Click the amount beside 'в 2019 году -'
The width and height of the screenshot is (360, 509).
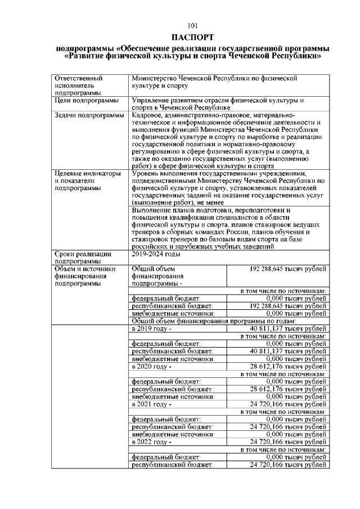tap(288, 328)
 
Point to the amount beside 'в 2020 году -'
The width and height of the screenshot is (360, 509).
tap(288, 366)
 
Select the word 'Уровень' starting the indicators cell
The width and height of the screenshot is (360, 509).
tap(146, 174)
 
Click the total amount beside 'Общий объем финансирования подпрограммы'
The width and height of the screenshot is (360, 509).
tap(287, 269)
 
